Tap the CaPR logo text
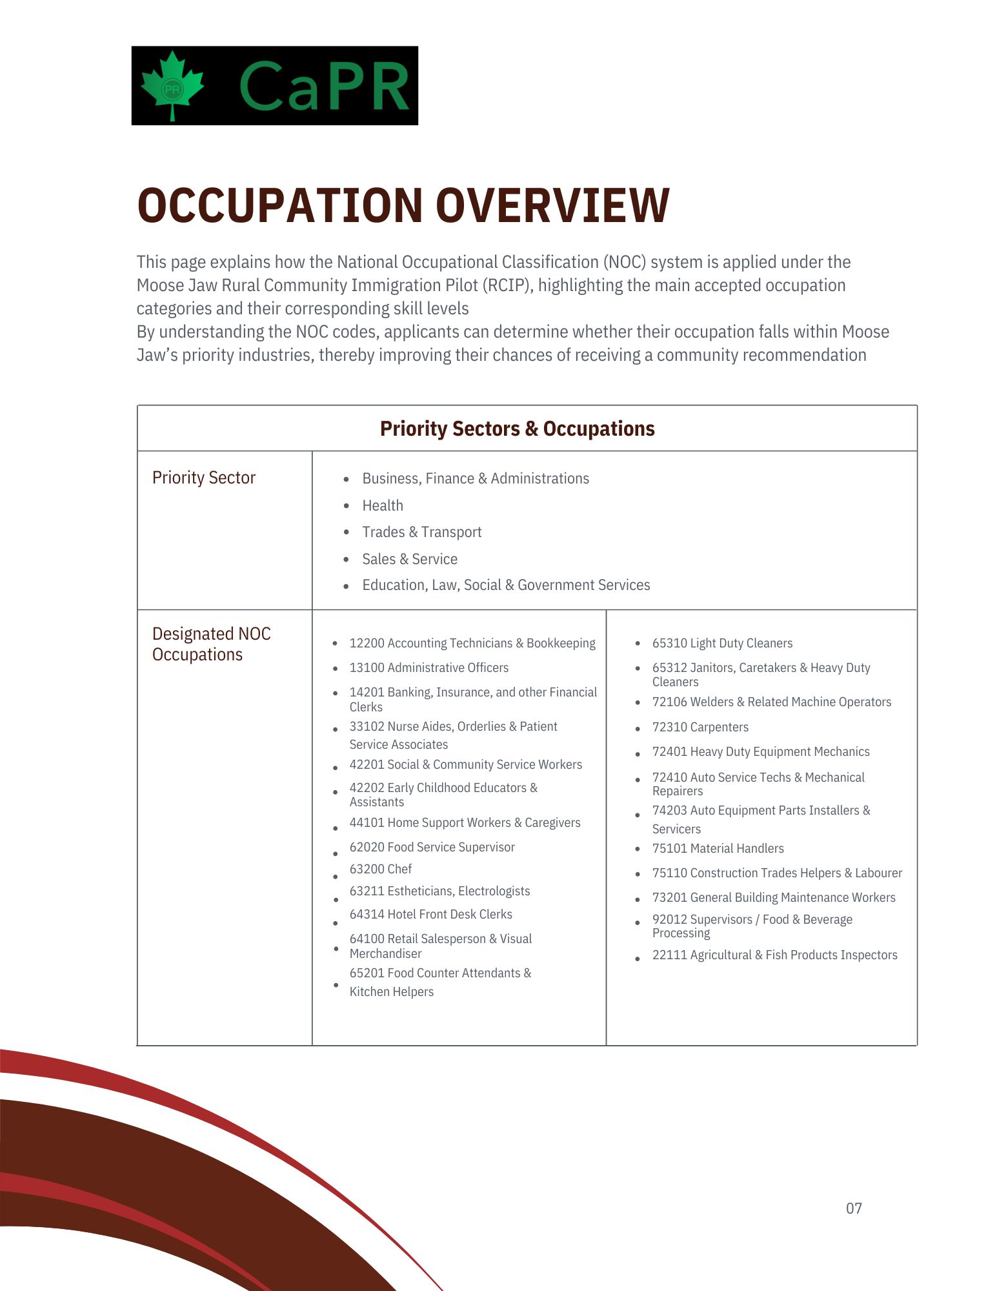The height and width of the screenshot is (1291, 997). point(325,86)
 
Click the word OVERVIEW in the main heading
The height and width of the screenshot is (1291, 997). point(552,206)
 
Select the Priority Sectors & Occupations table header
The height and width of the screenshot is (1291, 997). point(517,429)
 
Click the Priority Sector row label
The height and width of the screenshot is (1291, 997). point(204,478)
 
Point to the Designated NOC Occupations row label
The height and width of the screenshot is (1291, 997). point(211,644)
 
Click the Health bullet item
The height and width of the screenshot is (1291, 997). point(383,505)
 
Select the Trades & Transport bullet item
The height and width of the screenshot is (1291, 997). point(421,532)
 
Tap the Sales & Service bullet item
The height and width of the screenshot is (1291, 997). point(410,559)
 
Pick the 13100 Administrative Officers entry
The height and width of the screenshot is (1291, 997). point(428,667)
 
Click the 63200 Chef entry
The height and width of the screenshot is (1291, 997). point(381,869)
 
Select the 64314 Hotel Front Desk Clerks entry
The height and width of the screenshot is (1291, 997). point(430,914)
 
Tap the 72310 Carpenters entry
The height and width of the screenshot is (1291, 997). point(700,727)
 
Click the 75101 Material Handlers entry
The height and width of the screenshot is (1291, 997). point(718,848)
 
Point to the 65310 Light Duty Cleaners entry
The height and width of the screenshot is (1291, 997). point(722,643)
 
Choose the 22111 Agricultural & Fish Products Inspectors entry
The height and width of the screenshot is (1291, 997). point(774,955)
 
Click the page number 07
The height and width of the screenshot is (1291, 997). point(854,1208)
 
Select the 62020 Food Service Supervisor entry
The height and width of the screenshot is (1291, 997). point(432,847)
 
